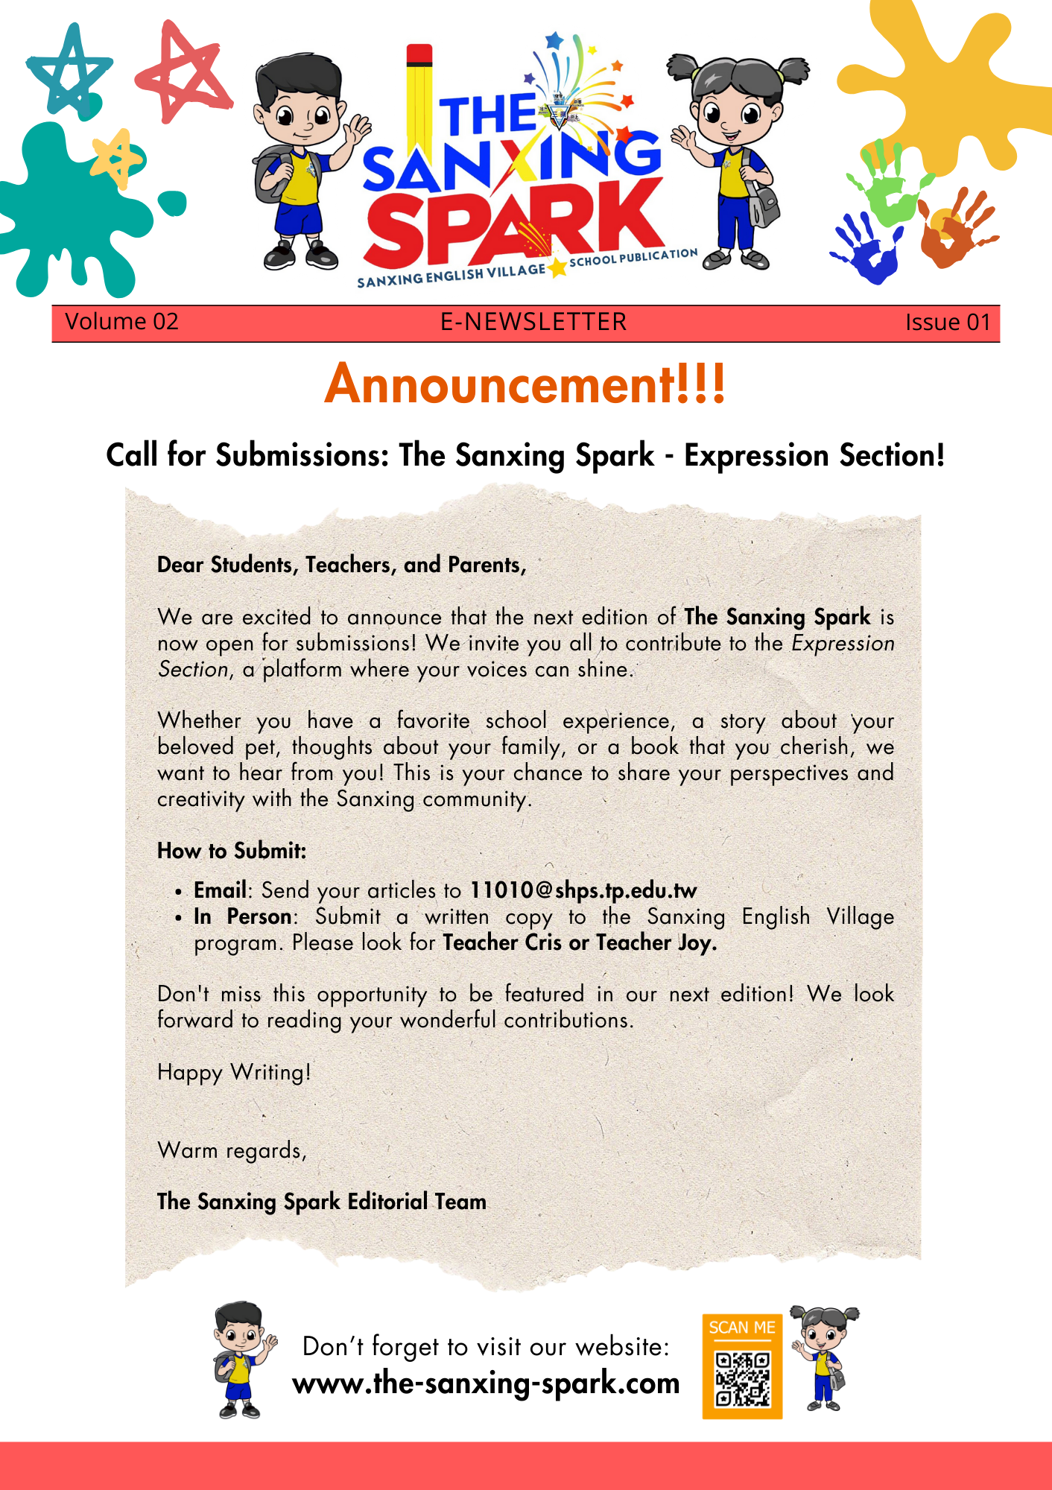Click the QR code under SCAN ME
742,1378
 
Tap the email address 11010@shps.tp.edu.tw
583,890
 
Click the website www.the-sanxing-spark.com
486,1383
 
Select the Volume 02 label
121,322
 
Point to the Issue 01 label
948,323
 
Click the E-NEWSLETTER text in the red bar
533,322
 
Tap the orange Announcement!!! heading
525,384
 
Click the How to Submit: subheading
232,851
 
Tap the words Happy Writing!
234,1072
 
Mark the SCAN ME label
742,1328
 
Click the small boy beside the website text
241,1360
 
